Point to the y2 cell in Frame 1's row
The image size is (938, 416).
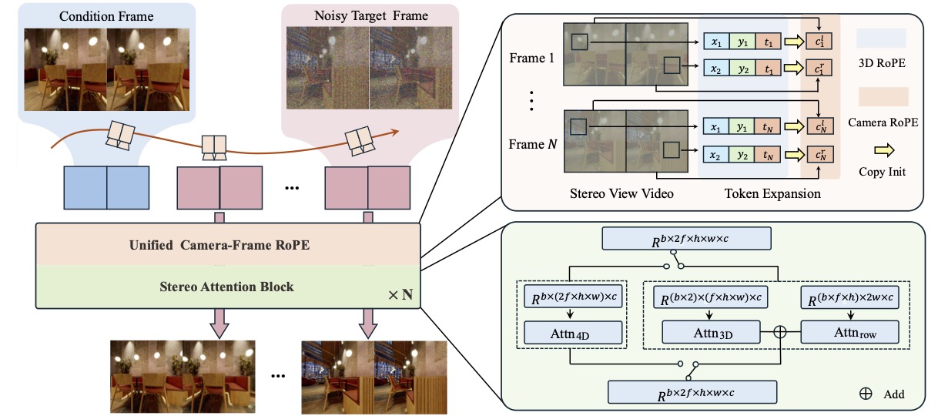tap(742, 68)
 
